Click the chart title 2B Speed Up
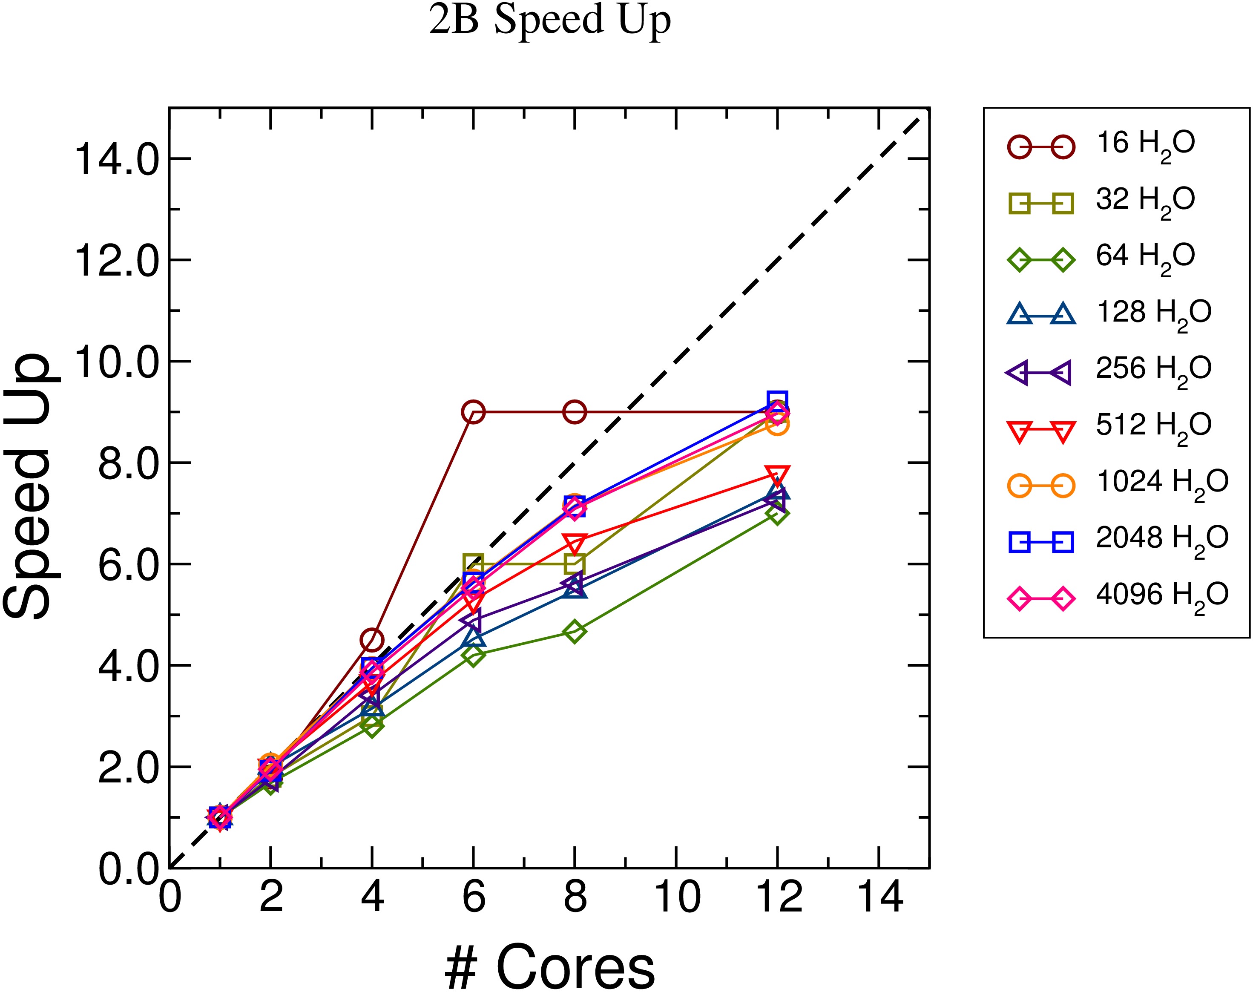click(549, 21)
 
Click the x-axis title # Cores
click(549, 967)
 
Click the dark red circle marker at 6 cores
click(473, 412)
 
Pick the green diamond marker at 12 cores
click(777, 513)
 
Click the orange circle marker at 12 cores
click(777, 425)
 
